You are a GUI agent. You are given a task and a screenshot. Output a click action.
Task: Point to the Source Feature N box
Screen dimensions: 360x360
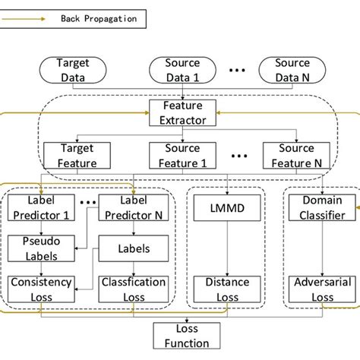pos(292,155)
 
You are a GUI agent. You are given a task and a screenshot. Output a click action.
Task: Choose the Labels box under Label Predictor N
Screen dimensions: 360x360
pos(128,247)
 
